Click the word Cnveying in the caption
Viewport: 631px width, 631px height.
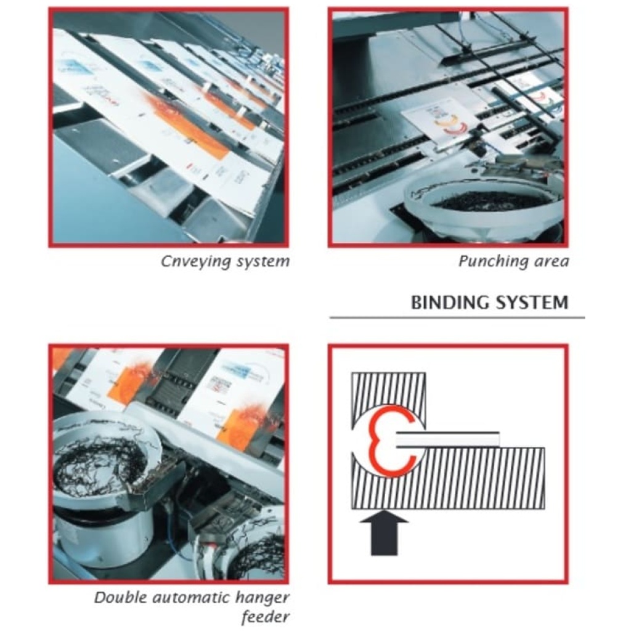(195, 261)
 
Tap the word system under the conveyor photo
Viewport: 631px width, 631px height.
(263, 261)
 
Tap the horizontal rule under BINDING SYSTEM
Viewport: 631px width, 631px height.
(457, 318)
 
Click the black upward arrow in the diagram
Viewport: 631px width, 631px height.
(384, 533)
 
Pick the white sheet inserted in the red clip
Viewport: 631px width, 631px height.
(447, 439)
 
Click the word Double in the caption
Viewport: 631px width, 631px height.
(120, 598)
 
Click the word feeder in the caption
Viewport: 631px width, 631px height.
(265, 616)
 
